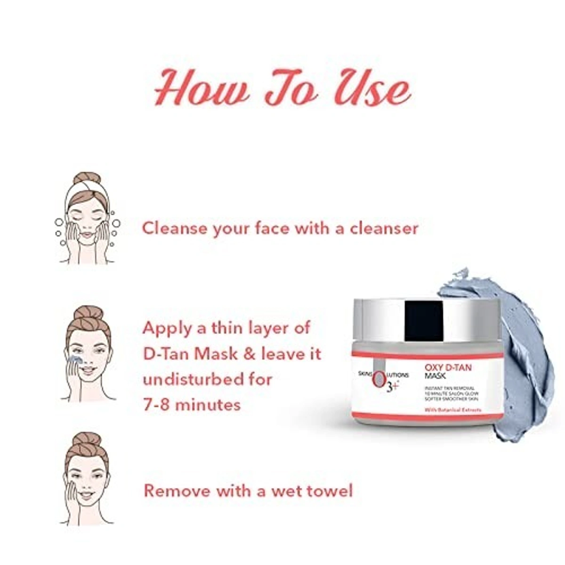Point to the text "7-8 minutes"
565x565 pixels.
pyautogui.click(x=192, y=404)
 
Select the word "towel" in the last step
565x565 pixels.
pyautogui.click(x=330, y=491)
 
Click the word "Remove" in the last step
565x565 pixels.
pyautogui.click(x=177, y=491)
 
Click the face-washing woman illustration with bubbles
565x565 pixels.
pyautogui.click(x=88, y=219)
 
